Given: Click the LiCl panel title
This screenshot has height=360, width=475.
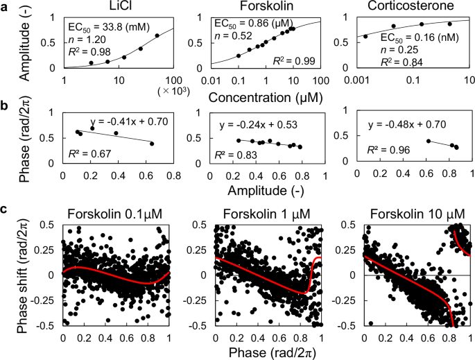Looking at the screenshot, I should coord(116,7).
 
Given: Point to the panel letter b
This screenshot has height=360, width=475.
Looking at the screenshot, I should coord(6,106).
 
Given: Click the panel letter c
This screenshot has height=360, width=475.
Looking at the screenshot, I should coord(6,209).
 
